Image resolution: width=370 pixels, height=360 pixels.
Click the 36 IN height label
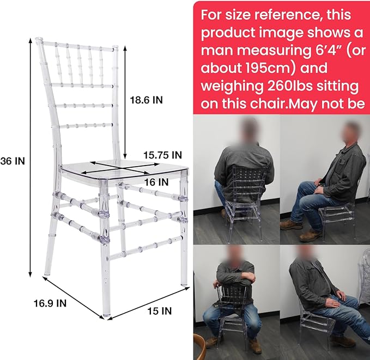coord(13,161)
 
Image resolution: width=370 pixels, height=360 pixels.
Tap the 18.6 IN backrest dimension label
coord(147,100)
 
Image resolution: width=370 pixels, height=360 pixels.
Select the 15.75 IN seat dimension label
coord(163,155)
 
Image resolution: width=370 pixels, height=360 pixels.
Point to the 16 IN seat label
coord(156,182)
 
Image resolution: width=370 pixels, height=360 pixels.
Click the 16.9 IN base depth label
coord(50,303)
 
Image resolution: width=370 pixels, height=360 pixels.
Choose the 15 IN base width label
coord(160,311)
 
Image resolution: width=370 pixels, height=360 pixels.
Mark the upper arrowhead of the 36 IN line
coord(30,40)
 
